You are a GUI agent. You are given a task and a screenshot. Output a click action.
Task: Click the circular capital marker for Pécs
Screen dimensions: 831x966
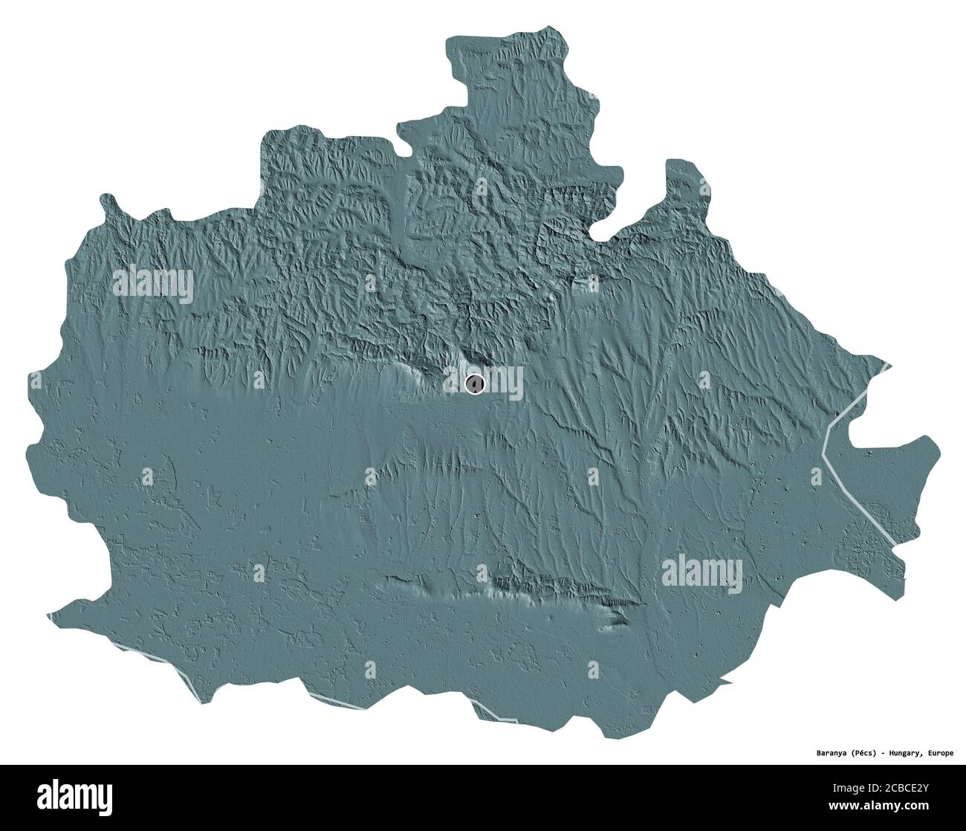point(474,384)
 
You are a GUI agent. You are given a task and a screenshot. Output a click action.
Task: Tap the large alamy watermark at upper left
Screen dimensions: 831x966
point(153,284)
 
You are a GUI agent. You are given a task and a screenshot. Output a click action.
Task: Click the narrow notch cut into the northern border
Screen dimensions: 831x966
point(403,193)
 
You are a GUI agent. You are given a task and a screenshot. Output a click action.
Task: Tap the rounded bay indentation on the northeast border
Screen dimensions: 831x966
point(609,216)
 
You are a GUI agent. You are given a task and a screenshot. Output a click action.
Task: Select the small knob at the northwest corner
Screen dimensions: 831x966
point(109,202)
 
